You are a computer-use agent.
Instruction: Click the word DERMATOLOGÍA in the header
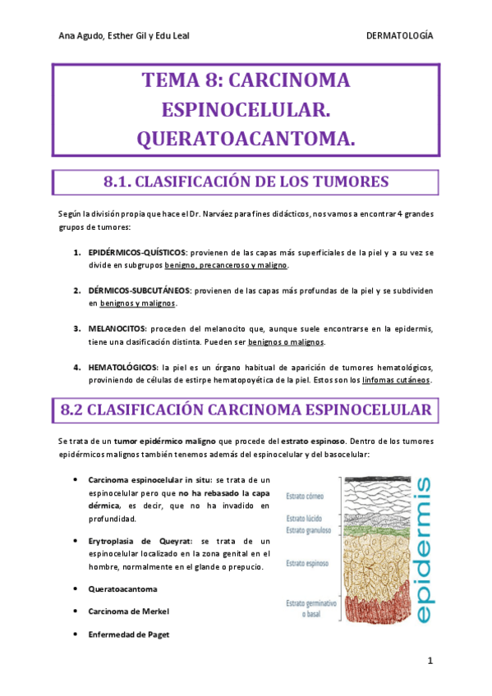(x=399, y=37)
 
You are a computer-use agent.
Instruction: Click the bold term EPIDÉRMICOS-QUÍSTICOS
(x=137, y=252)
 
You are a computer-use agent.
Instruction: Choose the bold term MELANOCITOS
(x=114, y=328)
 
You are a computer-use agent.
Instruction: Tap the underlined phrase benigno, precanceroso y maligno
(x=226, y=265)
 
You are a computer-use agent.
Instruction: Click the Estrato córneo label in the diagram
(x=306, y=496)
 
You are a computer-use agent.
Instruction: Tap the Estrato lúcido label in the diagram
(x=305, y=520)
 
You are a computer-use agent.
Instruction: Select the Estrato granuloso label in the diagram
(x=308, y=530)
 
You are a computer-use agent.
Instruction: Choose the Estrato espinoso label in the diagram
(x=306, y=564)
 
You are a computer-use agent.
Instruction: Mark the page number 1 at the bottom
(x=429, y=662)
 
